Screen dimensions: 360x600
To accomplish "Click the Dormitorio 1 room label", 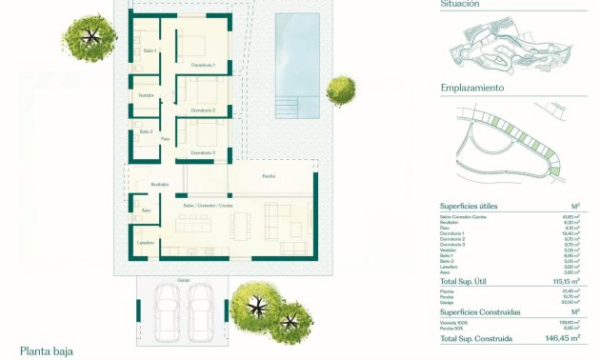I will coord(203,65).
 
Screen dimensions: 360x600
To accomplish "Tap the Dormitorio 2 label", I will coord(203,110).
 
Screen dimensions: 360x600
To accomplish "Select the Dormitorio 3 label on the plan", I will coord(203,152).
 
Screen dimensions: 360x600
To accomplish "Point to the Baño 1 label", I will coord(150,50).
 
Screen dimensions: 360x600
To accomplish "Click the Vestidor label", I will coord(147,95).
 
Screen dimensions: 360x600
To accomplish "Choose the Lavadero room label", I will coord(145,243).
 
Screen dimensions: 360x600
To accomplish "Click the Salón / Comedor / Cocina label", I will coord(209,206).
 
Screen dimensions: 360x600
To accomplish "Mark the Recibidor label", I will coord(159,184).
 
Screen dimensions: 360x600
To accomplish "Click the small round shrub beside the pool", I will coord(340,91).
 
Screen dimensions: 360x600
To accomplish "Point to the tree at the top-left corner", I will coord(90,36).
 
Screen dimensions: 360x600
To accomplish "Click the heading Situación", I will coord(461,4).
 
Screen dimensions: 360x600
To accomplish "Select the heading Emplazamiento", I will coord(472,88).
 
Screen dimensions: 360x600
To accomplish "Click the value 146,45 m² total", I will coord(562,338).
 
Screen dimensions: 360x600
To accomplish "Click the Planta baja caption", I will coord(47,350).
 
